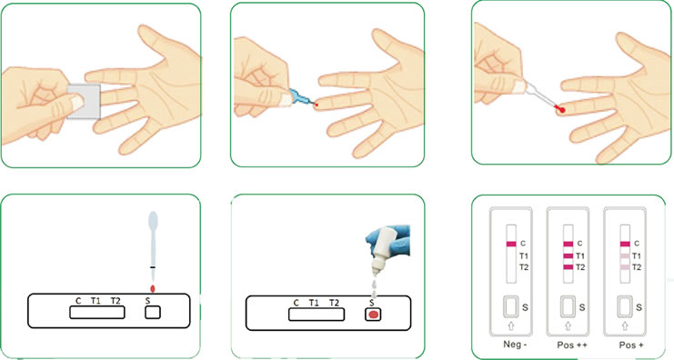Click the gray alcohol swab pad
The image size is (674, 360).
tap(85, 102)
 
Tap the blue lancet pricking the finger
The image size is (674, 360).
tap(302, 98)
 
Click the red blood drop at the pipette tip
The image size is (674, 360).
tap(560, 110)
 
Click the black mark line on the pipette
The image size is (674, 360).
tap(153, 267)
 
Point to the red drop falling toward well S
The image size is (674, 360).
tap(152, 288)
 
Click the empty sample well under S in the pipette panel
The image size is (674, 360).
tap(153, 313)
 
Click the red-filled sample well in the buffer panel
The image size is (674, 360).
tap(373, 315)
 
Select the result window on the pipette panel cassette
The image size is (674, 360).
tap(97, 313)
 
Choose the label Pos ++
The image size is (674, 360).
tap(572, 345)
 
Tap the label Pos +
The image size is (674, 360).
tap(631, 345)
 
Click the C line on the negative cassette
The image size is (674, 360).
tap(511, 244)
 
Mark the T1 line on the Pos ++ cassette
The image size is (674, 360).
tap(568, 256)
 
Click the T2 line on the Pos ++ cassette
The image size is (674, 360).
tap(568, 267)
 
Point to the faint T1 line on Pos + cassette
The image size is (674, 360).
tap(625, 256)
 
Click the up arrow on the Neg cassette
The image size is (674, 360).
tap(511, 326)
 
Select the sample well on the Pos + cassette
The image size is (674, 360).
tap(625, 306)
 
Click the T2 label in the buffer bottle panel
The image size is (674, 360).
tap(334, 303)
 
